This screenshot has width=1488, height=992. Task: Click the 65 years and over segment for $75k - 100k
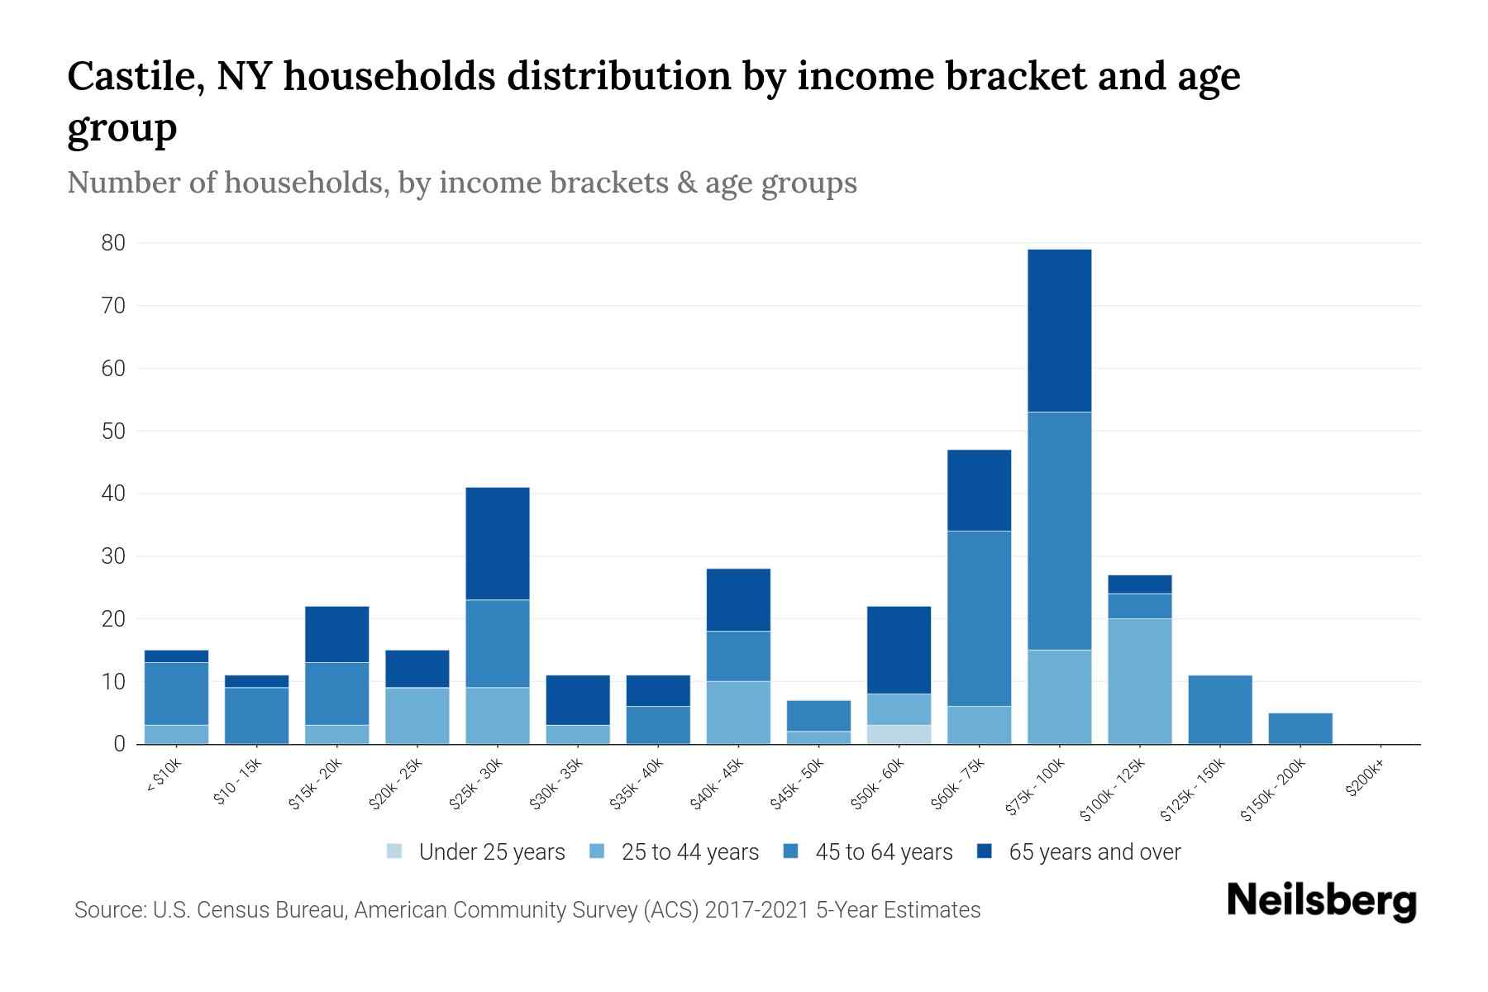point(1059,331)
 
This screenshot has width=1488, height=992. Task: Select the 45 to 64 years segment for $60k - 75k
point(979,618)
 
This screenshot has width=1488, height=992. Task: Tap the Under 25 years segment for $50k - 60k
point(899,734)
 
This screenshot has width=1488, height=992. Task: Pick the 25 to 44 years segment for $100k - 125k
point(1139,681)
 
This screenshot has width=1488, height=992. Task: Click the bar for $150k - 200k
point(1300,728)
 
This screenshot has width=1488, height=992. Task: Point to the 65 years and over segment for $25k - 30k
point(498,543)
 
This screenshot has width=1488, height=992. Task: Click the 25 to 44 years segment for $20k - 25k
point(417,716)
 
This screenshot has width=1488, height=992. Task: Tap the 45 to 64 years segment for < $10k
point(176,694)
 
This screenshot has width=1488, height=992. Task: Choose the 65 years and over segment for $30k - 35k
point(578,700)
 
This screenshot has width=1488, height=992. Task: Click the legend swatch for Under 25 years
point(395,851)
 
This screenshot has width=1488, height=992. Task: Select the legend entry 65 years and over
point(1095,852)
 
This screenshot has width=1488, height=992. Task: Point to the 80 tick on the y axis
point(113,243)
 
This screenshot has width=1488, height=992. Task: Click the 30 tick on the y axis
point(113,556)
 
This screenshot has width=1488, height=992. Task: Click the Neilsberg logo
point(1321,901)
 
